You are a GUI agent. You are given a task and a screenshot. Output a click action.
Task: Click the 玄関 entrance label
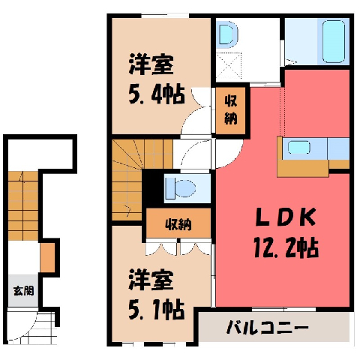point(23,291)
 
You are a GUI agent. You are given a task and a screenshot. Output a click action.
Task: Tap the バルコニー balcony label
point(268,327)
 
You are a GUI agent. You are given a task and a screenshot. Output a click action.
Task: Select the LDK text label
point(285,217)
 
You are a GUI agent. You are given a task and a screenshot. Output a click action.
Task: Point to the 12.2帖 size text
point(286,248)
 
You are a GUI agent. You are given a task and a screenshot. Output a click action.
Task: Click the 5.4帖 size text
point(157,94)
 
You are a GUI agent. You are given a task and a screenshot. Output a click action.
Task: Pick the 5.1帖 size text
point(157,310)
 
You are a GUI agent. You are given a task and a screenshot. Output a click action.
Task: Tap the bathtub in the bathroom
point(334,41)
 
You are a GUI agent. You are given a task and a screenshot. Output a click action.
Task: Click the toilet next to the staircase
point(181,188)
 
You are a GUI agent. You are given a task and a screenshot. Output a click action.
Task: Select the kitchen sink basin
point(299,148)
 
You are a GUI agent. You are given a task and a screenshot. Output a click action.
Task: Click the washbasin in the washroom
point(227,34)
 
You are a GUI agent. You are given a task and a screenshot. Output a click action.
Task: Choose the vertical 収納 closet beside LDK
point(230,110)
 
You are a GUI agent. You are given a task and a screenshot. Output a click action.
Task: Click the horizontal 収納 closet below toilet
point(178,223)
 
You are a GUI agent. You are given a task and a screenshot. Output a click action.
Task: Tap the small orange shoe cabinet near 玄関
point(47,257)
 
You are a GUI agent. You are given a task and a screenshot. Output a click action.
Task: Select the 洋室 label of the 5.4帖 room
point(151,64)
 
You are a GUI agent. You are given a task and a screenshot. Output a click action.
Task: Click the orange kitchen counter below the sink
point(303,168)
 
